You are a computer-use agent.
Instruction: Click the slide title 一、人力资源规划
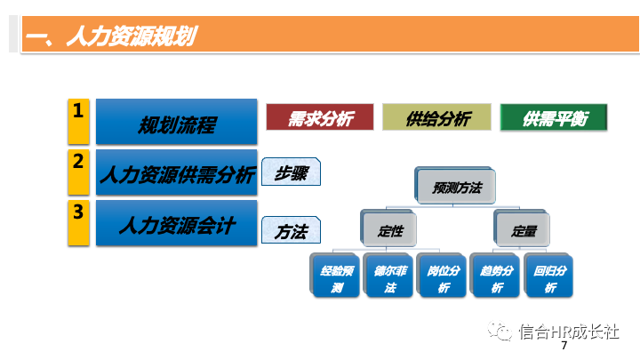pos(111,36)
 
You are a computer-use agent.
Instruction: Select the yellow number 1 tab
pos(79,120)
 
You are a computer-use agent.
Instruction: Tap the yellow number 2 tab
pos(79,172)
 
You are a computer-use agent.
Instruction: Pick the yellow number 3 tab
pos(79,222)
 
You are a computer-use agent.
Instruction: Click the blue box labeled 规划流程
pos(176,123)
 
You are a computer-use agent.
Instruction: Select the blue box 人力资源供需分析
pos(176,173)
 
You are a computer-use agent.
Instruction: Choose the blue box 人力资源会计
pos(176,224)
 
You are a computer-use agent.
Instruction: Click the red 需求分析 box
pos(319,117)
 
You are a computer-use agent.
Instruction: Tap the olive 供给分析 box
pos(436,117)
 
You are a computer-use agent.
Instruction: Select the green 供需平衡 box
pos(553,117)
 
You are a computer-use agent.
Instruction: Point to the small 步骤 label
pos(291,173)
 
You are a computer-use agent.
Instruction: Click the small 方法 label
pos(291,231)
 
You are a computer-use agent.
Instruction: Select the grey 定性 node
pos(390,230)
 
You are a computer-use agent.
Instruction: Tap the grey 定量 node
pos(524,230)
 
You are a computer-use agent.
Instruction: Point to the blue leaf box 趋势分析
pos(496,277)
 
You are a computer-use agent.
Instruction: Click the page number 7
pos(564,348)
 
